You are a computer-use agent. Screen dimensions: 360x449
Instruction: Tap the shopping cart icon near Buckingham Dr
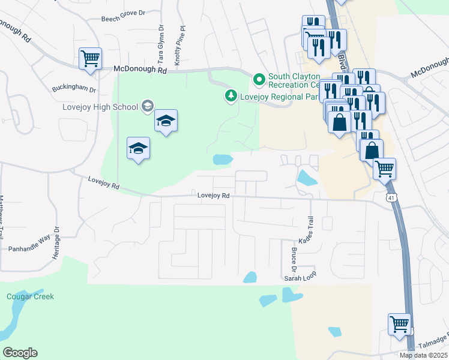click(x=90, y=59)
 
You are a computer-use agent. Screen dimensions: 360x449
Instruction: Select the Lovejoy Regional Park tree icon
click(x=231, y=95)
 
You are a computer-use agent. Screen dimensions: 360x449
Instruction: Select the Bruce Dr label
click(x=294, y=256)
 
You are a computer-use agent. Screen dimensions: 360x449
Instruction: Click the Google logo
click(x=20, y=353)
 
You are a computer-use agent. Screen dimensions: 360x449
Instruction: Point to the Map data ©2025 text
click(x=423, y=355)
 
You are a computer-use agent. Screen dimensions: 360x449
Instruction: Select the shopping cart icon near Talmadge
click(x=399, y=324)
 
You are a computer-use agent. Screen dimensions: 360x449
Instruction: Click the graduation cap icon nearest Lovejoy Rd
click(x=138, y=148)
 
